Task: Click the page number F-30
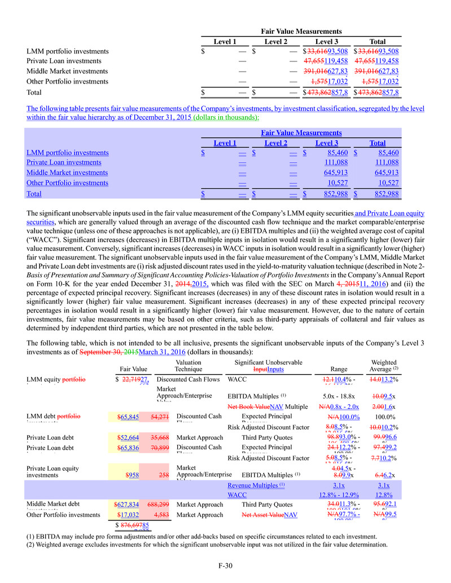(x=225, y=566)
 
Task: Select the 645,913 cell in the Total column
(x=387, y=173)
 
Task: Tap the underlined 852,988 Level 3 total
(x=326, y=194)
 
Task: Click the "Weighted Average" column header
(x=384, y=365)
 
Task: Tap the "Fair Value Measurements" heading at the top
(x=301, y=32)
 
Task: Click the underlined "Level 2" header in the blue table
(x=275, y=143)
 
